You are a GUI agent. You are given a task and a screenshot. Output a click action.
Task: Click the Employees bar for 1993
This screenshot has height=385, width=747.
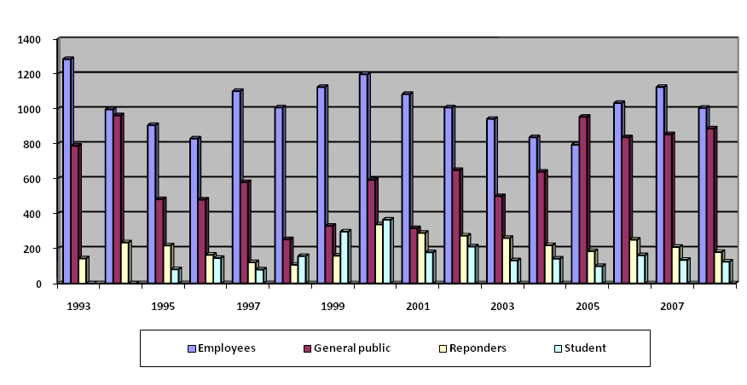(x=67, y=170)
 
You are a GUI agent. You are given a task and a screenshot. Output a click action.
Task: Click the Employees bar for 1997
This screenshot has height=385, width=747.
(x=236, y=187)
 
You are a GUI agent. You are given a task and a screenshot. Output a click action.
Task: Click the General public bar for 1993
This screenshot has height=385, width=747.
(x=75, y=214)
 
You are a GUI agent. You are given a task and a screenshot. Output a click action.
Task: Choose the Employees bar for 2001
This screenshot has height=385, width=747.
(x=406, y=188)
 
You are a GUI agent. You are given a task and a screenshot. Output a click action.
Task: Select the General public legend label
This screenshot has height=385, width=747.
(x=350, y=348)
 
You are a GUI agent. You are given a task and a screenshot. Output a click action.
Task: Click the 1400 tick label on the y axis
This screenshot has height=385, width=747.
(x=30, y=39)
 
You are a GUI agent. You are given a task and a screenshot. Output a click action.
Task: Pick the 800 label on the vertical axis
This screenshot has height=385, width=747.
(x=32, y=144)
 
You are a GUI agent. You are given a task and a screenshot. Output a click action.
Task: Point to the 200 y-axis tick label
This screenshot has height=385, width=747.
(x=32, y=249)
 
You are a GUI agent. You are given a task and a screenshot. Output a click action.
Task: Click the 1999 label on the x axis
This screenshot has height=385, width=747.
(x=333, y=304)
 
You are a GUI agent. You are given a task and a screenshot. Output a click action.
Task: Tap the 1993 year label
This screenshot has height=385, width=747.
(x=79, y=304)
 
